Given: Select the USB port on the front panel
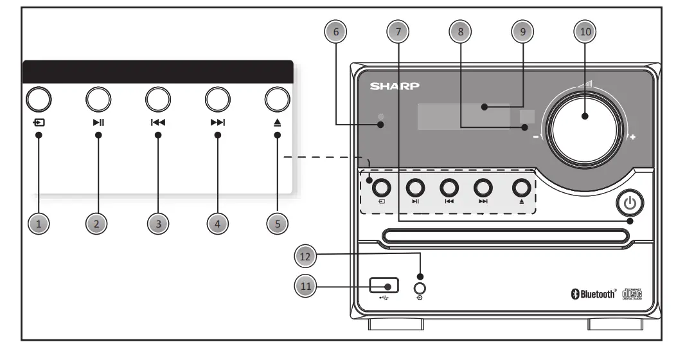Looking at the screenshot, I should [x=384, y=283].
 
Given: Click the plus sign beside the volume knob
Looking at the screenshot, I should [x=632, y=138].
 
